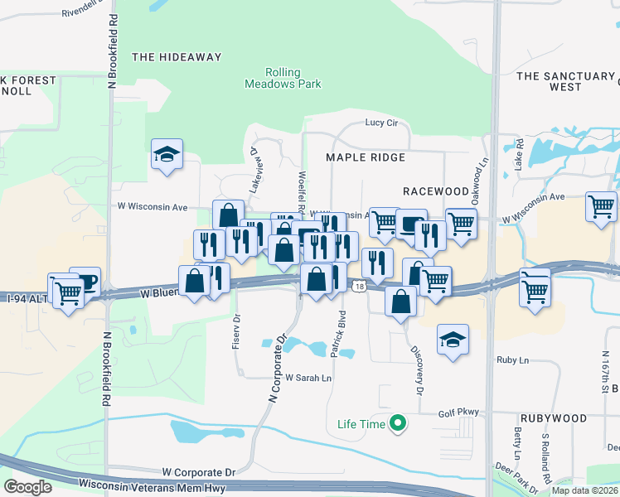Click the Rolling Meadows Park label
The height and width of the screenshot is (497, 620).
[282, 78]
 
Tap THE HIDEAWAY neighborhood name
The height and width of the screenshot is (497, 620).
[177, 57]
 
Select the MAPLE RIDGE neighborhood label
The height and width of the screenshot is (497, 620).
[366, 157]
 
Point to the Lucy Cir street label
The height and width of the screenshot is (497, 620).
[382, 123]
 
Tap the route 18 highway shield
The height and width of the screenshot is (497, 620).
[357, 287]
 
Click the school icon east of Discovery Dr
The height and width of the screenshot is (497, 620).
[453, 340]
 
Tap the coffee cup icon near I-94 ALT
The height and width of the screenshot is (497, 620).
[85, 281]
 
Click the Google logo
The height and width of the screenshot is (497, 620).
[27, 486]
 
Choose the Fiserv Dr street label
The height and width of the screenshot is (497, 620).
[236, 328]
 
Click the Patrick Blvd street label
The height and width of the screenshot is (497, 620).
[338, 334]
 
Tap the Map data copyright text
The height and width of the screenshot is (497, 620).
[584, 490]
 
